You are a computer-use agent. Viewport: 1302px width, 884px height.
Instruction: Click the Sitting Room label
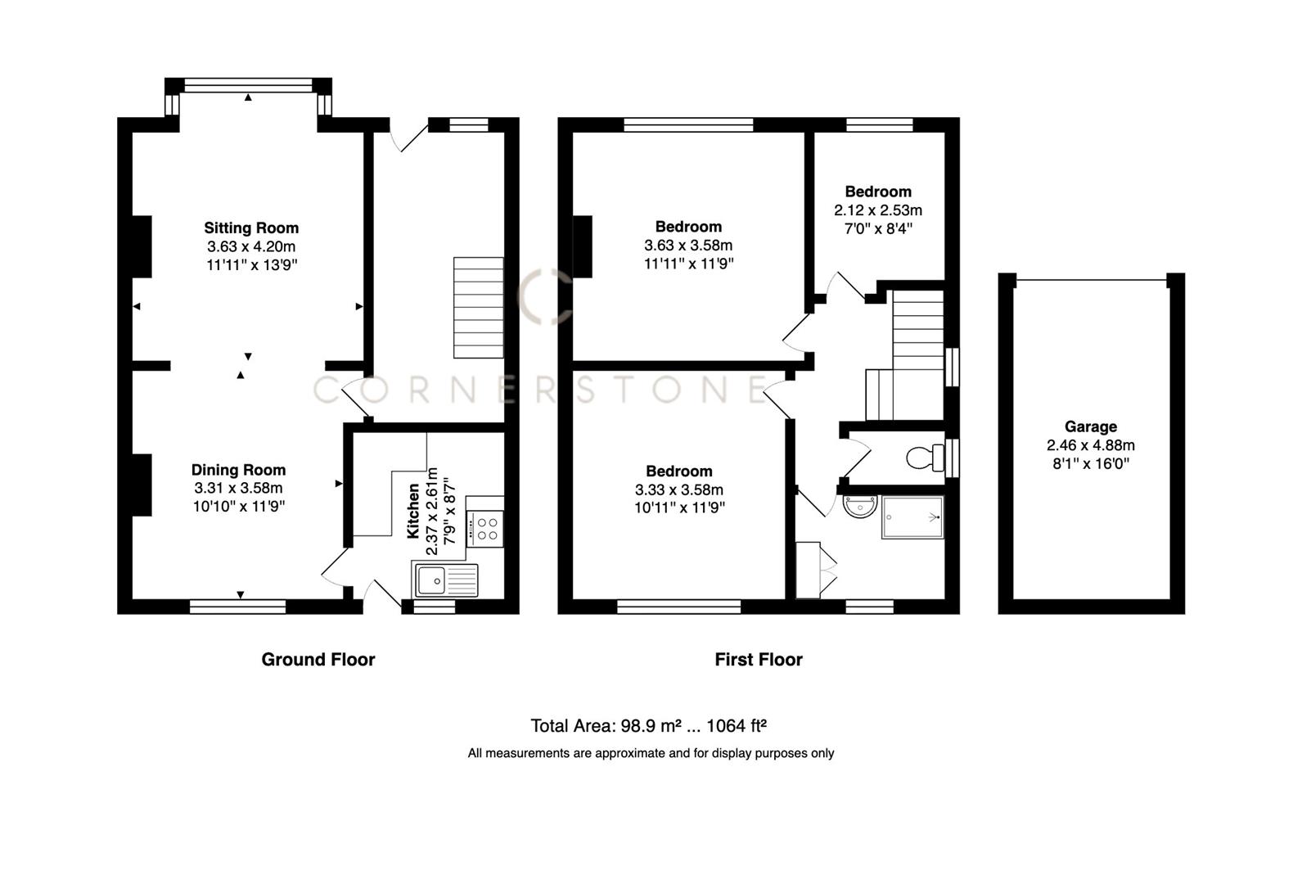click(251, 228)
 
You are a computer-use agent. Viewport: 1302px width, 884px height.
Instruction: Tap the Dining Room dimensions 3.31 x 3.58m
click(238, 488)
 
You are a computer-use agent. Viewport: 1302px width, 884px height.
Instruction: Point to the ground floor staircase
click(479, 307)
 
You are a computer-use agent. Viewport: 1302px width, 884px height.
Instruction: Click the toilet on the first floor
click(925, 458)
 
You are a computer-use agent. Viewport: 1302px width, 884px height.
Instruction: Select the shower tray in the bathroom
click(912, 516)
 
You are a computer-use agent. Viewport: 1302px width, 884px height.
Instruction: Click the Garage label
click(1090, 426)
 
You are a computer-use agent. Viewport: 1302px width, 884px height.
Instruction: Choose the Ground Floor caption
click(318, 660)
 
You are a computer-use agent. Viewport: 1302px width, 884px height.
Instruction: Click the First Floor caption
click(758, 660)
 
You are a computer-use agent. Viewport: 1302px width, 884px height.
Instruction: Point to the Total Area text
click(648, 726)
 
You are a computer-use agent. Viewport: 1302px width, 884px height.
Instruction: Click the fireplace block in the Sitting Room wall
click(142, 246)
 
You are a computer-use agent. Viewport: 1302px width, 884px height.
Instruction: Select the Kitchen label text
click(413, 511)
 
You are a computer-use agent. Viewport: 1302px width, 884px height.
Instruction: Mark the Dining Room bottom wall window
click(238, 607)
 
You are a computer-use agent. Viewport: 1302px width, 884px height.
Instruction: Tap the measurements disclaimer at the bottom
click(651, 753)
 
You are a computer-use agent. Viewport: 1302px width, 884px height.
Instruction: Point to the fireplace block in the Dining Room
click(142, 485)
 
